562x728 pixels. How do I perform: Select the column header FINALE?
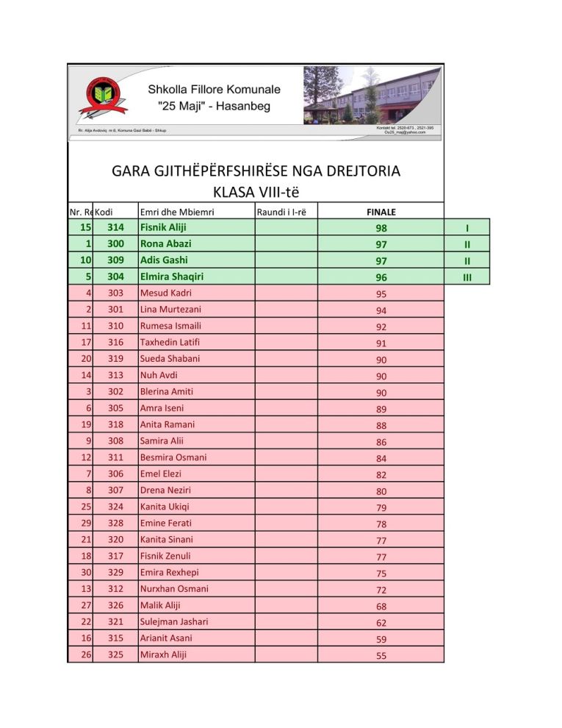381,213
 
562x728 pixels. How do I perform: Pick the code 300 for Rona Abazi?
115,243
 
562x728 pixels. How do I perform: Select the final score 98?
381,229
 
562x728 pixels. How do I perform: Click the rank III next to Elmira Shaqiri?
466,277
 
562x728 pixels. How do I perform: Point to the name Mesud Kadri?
165,293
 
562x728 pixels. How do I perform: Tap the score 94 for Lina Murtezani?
381,310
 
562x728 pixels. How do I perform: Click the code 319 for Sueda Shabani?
115,359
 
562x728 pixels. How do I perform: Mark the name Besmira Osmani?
173,457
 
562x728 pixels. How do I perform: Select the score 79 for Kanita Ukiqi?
381,508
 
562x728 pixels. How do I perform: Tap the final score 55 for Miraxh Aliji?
381,656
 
